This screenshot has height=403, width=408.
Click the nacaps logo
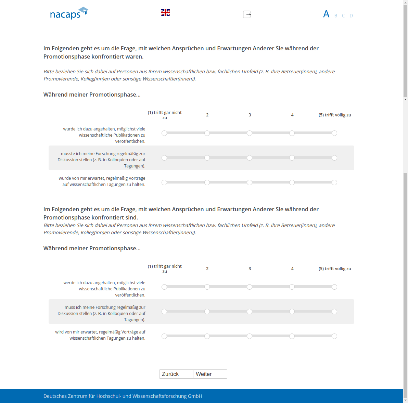tap(69, 14)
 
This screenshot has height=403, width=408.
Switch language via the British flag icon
tap(165, 13)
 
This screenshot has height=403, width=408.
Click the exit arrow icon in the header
tap(247, 14)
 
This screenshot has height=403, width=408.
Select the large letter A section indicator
tap(326, 14)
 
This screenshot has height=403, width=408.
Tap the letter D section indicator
tap(351, 15)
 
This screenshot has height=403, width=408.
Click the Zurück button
tap(176, 374)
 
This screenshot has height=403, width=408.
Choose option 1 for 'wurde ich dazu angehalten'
tap(164, 133)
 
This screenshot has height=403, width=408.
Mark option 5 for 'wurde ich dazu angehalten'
tap(334, 133)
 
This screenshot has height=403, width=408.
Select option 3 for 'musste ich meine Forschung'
tap(250, 158)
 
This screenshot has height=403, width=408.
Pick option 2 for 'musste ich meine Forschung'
tap(207, 158)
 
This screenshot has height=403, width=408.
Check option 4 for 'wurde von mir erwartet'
tap(292, 182)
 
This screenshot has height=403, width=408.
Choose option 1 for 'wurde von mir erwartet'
tap(164, 182)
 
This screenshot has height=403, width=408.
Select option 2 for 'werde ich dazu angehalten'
tap(207, 287)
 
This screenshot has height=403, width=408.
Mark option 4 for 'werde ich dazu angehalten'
tap(292, 287)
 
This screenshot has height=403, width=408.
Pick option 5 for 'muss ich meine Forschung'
tap(334, 312)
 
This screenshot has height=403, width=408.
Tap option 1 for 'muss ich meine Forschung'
tap(164, 312)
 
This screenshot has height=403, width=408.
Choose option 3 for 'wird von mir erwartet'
tap(250, 336)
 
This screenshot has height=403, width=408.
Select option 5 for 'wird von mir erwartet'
tap(334, 336)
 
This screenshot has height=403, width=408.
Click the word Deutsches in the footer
tap(55, 396)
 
